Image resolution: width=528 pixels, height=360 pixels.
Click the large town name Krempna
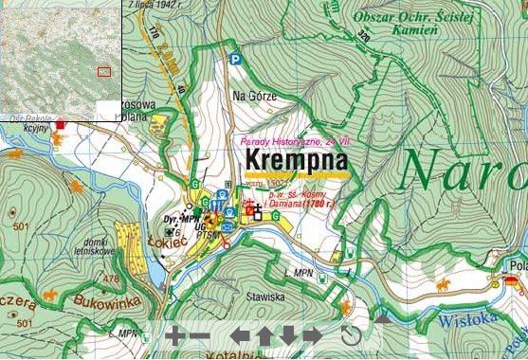coord(295,160)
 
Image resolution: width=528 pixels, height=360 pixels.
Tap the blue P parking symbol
coord(235,60)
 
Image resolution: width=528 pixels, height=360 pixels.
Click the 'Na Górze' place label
coord(251,96)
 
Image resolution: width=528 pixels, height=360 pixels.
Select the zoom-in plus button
coord(174,335)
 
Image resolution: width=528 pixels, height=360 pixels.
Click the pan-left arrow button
coord(242,335)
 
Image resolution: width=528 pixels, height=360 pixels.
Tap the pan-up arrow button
coord(264,335)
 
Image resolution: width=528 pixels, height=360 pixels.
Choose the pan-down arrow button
coord(288,335)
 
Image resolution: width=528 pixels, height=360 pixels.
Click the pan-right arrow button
coord(312,335)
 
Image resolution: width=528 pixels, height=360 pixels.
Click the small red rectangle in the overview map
coord(104,70)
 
